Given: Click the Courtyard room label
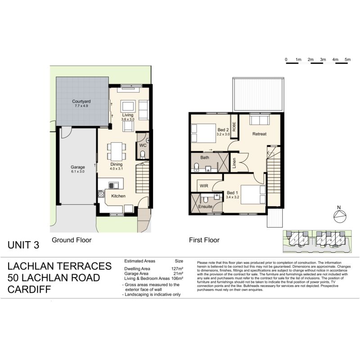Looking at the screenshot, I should coord(81,101).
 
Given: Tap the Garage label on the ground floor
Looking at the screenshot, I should coord(77,167).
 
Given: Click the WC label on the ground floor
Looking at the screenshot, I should coord(142,146).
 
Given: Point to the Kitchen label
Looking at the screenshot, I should coord(118,196).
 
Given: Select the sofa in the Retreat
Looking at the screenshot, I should coord(260,121).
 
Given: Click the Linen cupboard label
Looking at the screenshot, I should coord(234,164).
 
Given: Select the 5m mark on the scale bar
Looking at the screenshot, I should coord(347,59).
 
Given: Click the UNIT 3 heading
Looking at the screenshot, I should coord(23,245).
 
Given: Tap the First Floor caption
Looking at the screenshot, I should coord(204,240).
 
